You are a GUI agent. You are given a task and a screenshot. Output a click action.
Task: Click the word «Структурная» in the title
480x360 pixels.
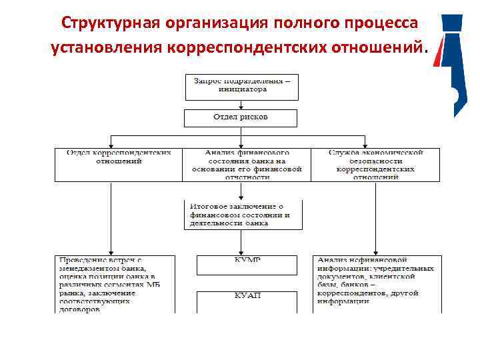point(107,23)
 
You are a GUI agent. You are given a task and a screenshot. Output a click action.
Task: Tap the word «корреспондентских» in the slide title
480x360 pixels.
point(254,48)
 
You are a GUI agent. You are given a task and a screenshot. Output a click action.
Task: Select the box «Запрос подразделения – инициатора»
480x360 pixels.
point(242,85)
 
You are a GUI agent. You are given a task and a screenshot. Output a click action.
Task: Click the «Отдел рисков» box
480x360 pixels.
point(242,118)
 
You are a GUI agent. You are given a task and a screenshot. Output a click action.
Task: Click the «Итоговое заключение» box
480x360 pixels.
point(242,215)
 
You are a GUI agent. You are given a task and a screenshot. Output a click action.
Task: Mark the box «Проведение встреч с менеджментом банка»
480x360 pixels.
point(115,284)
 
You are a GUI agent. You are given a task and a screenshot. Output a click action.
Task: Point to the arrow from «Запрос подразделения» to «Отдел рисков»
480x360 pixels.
point(242,105)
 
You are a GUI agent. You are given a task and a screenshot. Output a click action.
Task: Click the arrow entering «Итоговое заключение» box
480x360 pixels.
point(242,191)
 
